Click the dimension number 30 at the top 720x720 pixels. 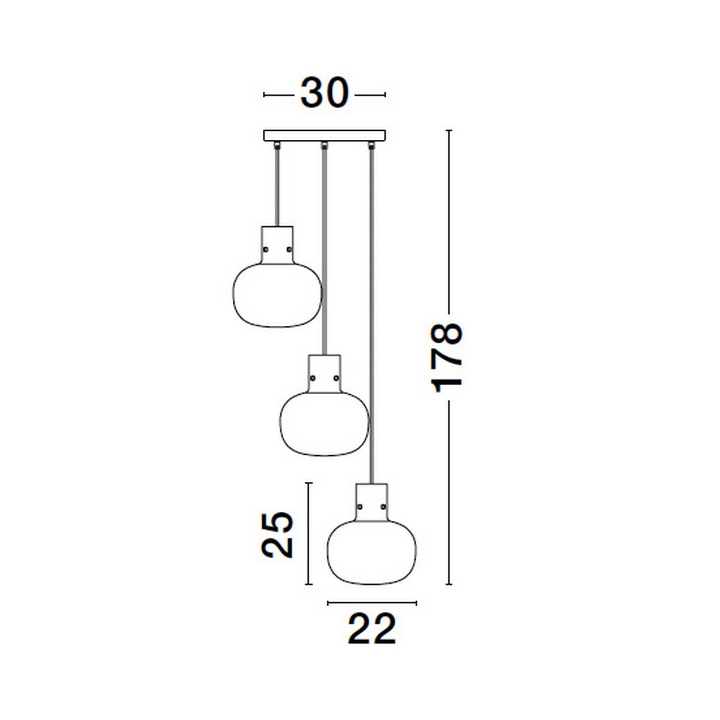(x=324, y=94)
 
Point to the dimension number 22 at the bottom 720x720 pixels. (x=372, y=629)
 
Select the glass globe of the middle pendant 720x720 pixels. (x=325, y=425)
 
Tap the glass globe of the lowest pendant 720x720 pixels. (x=372, y=553)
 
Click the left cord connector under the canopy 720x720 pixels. (x=277, y=144)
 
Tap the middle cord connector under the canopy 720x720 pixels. (x=325, y=144)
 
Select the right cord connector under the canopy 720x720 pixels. (x=372, y=144)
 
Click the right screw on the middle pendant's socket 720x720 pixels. (x=336, y=377)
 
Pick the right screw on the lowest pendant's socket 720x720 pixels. (x=383, y=507)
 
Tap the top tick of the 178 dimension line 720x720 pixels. (x=448, y=130)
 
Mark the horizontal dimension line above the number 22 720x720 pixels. (x=372, y=602)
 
